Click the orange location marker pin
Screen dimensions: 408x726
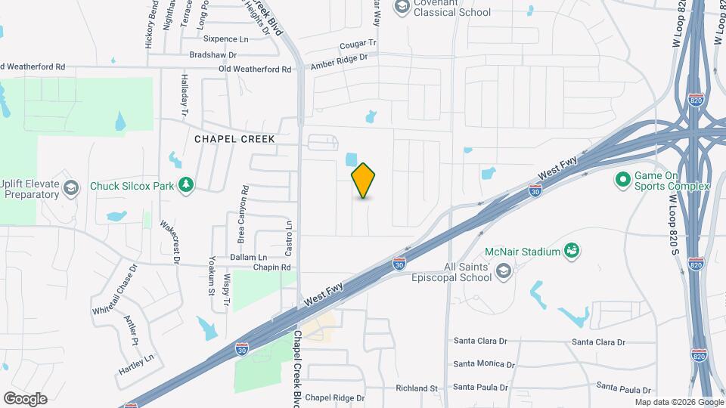364,181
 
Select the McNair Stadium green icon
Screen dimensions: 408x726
572,251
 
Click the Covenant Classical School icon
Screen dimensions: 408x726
402,7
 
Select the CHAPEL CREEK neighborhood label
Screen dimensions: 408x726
234,139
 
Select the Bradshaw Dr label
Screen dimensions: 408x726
213,55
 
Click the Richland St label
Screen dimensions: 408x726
417,388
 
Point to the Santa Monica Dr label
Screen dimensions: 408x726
484,363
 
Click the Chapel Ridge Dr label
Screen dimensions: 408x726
335,397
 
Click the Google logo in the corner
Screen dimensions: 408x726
25,398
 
